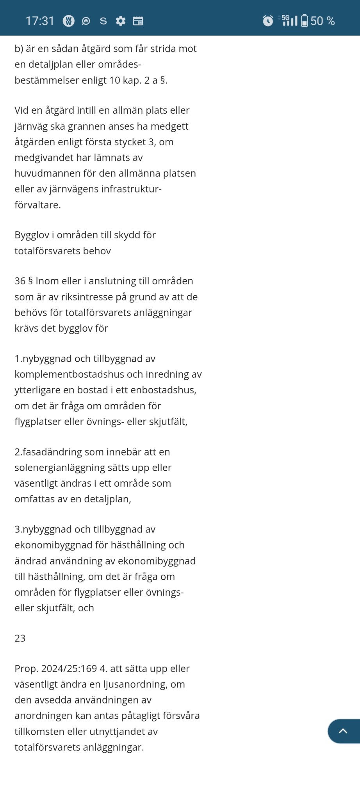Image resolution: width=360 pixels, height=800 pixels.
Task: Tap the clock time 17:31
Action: tap(40, 21)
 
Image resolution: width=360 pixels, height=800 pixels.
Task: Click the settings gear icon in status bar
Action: tap(121, 21)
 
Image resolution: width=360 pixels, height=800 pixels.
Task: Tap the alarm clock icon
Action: tap(268, 21)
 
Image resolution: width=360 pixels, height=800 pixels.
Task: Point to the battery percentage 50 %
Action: tap(323, 21)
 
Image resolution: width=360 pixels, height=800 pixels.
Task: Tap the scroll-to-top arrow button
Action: tap(343, 731)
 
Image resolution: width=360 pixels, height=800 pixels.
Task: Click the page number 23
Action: tap(20, 638)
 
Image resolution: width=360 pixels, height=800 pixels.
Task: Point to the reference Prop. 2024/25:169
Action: tap(55, 668)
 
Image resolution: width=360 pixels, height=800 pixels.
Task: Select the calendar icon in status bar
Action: tap(138, 21)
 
